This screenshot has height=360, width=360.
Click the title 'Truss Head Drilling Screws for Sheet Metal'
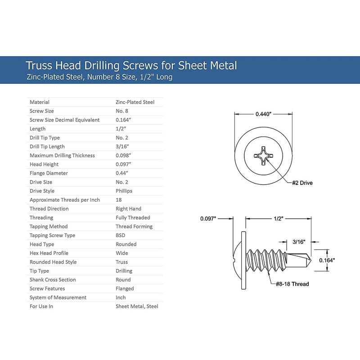(x=131, y=65)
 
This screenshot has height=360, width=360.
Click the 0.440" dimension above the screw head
(x=264, y=114)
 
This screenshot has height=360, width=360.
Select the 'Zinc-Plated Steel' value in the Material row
(x=135, y=102)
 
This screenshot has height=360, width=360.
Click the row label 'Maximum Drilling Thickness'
(x=62, y=156)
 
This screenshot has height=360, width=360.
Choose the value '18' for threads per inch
(x=119, y=200)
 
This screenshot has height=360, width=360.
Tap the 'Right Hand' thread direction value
(x=128, y=209)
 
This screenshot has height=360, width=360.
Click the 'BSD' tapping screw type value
(x=121, y=235)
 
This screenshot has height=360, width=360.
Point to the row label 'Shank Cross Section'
(x=53, y=280)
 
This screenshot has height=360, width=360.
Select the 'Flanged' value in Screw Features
(x=125, y=289)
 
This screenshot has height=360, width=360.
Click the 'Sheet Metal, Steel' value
(x=137, y=306)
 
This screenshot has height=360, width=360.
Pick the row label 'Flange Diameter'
(x=49, y=173)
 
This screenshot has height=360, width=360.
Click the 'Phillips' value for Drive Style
(x=125, y=191)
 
